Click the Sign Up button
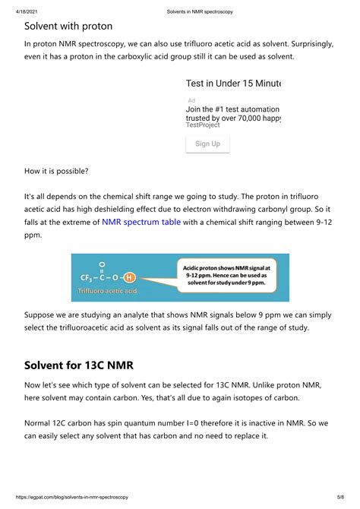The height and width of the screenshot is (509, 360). (207, 144)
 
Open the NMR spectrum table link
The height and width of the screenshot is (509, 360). (141, 223)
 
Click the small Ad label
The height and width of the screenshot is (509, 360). (191, 100)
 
